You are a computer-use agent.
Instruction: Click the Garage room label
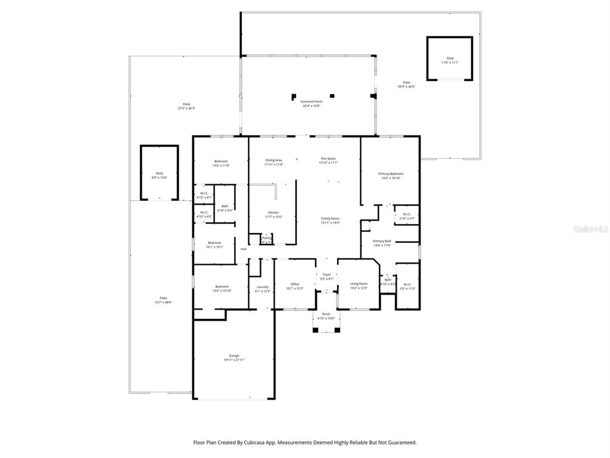234,355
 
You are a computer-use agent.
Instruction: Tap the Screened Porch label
311,102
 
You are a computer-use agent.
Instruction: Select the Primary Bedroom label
391,174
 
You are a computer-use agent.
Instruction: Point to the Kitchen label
273,212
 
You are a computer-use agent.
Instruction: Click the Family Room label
330,218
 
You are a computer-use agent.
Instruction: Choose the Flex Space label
328,159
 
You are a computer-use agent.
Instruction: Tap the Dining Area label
273,160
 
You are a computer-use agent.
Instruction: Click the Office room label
294,284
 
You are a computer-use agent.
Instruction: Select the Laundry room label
263,287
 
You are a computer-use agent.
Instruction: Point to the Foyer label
327,274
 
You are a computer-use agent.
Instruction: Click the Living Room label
359,284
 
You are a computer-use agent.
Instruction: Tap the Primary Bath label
382,241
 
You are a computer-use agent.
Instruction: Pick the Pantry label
266,237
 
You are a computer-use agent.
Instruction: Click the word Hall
243,249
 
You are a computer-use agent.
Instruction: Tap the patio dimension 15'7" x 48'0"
163,302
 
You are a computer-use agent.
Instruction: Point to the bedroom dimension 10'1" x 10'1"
214,247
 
